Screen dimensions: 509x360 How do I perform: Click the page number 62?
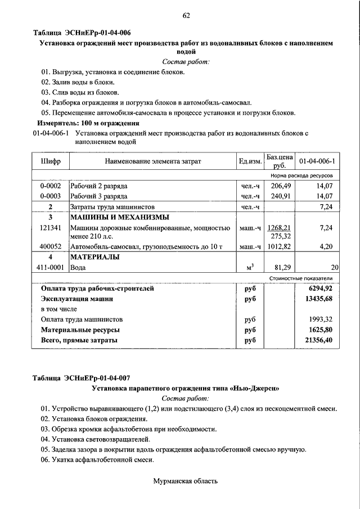pyautogui.click(x=186, y=16)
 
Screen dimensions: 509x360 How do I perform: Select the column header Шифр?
pyautogui.click(x=51, y=161)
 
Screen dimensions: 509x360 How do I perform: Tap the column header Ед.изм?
pyautogui.click(x=250, y=161)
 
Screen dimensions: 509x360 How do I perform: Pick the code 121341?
pyautogui.click(x=51, y=228)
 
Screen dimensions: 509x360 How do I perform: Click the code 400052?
pyautogui.click(x=51, y=246)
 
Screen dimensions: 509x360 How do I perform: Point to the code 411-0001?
pyautogui.click(x=51, y=268)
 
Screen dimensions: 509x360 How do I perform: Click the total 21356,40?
pyautogui.click(x=317, y=340)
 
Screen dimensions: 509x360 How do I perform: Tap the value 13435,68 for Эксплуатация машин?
pyautogui.click(x=317, y=299)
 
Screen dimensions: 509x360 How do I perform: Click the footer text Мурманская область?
pyautogui.click(x=185, y=481)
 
